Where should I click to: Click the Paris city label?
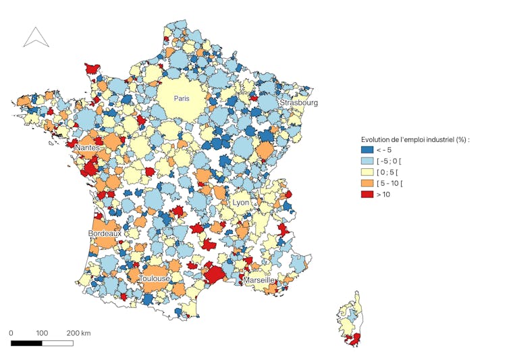182,99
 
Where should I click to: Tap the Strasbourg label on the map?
298,103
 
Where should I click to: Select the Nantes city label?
88,147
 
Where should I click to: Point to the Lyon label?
241,203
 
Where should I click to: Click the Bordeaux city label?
105,233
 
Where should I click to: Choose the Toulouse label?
155,278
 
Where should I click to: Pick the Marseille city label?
259,280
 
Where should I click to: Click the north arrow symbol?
36,37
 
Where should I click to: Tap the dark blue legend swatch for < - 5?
367,151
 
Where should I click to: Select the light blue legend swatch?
367,161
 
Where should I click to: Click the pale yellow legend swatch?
367,172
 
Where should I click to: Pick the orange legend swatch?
367,183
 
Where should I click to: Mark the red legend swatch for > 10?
367,194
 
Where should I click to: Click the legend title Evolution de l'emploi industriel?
415,139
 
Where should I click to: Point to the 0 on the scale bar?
11,333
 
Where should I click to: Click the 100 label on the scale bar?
42,333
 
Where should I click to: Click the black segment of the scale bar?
26,343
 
